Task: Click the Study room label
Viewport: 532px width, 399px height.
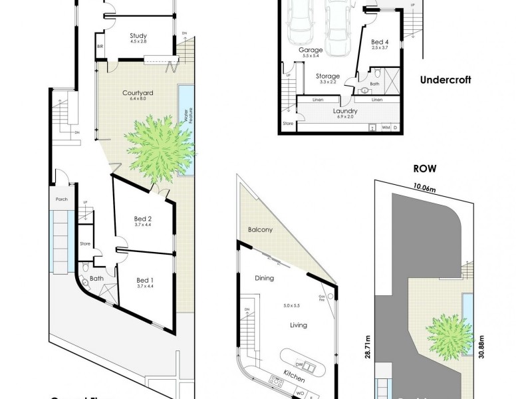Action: (139, 37)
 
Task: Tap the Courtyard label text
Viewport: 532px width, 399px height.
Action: (138, 93)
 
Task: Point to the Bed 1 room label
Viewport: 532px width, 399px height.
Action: (144, 280)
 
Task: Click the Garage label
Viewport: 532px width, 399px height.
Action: (311, 50)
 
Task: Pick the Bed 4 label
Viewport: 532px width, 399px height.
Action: (380, 43)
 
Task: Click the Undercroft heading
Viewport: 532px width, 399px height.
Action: (445, 80)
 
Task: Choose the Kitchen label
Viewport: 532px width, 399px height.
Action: (294, 376)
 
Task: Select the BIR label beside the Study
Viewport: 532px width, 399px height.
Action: (100, 47)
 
